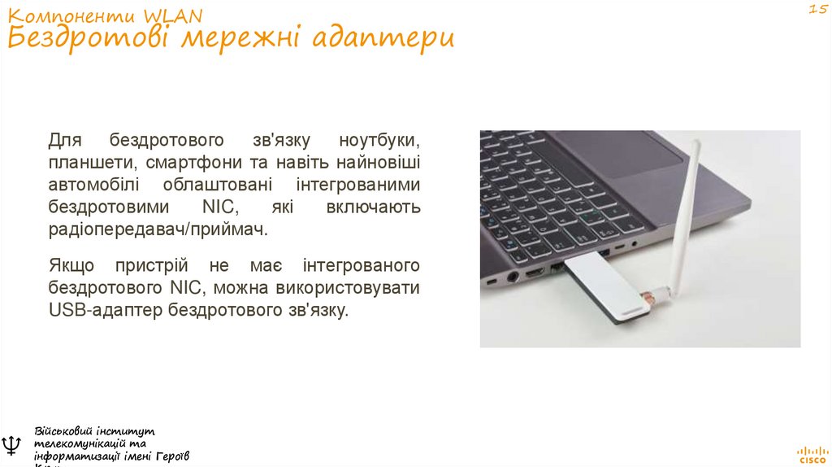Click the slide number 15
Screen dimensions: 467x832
pos(816,9)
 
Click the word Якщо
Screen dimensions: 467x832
pos(71,266)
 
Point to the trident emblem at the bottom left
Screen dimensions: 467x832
pos(11,445)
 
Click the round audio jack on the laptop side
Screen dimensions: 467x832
pos(513,277)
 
